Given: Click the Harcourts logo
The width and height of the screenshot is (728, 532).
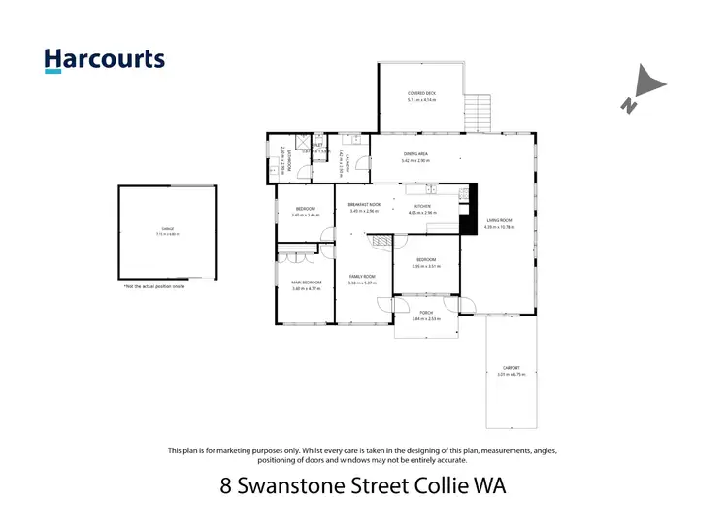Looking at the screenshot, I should (105, 59).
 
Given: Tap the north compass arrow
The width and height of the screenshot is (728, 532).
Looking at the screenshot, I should (642, 89).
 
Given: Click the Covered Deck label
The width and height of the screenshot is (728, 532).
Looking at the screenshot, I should (421, 93).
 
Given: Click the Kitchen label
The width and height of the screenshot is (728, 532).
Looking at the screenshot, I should (422, 207).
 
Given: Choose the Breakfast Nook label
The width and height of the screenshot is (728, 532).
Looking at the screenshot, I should (363, 206).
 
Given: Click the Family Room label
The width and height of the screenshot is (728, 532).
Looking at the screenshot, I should (363, 278).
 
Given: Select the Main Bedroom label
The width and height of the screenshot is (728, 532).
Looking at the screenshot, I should (306, 283).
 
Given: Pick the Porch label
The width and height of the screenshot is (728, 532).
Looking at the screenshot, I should (426, 313).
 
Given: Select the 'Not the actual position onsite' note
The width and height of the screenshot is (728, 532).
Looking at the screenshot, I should (153, 287).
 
